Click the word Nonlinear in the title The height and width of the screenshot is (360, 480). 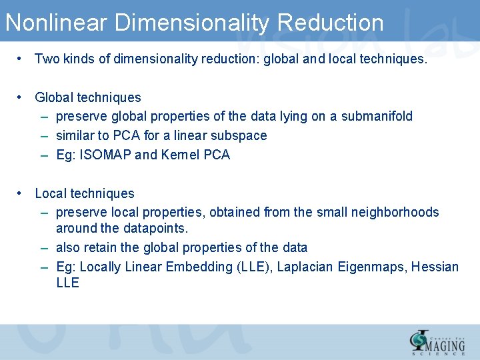(56, 23)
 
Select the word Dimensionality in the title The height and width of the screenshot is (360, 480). (192, 23)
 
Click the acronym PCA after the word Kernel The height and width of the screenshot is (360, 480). (217, 155)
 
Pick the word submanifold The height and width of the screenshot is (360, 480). (377, 116)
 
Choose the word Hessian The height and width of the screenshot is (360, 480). (435, 267)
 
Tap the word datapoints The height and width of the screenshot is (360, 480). (155, 228)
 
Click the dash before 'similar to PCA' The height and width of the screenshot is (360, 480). (43, 135)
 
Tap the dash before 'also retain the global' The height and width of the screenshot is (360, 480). (43, 247)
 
